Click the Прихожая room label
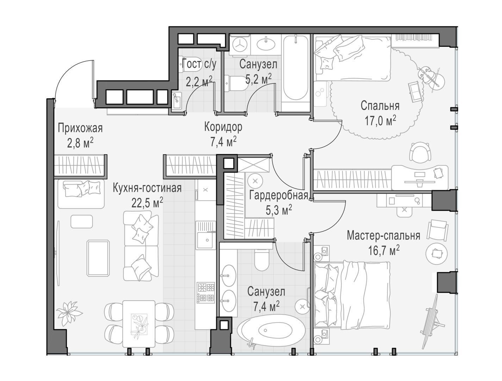(x=80, y=128)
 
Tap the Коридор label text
(x=223, y=127)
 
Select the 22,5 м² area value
(x=147, y=203)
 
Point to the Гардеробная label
(x=278, y=195)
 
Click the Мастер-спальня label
(x=384, y=235)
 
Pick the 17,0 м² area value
(x=380, y=121)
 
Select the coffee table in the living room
(x=98, y=258)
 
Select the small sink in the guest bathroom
(x=176, y=101)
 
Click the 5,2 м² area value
(x=259, y=79)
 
